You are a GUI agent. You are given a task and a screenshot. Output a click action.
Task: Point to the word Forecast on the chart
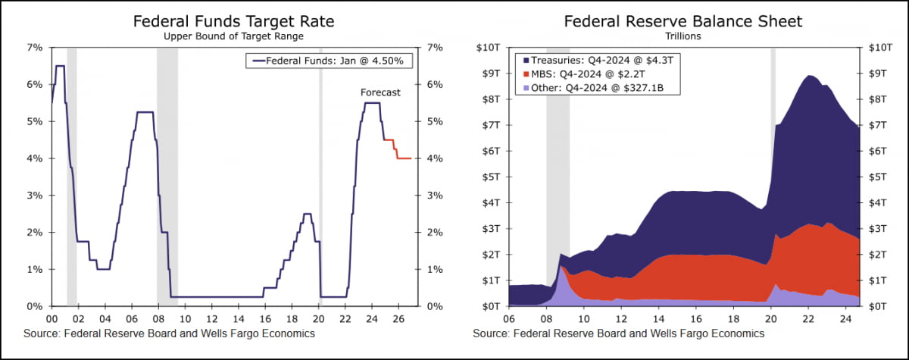click(x=380, y=92)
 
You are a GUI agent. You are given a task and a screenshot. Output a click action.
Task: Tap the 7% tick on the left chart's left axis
click(x=35, y=47)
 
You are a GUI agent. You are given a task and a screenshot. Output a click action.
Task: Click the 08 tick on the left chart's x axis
click(x=156, y=319)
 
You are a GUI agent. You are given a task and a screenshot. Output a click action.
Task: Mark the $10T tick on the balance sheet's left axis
click(x=486, y=47)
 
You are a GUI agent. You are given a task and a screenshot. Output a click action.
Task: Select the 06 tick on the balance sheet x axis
click(x=509, y=319)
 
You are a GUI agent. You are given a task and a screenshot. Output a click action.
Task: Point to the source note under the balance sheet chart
click(x=619, y=333)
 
